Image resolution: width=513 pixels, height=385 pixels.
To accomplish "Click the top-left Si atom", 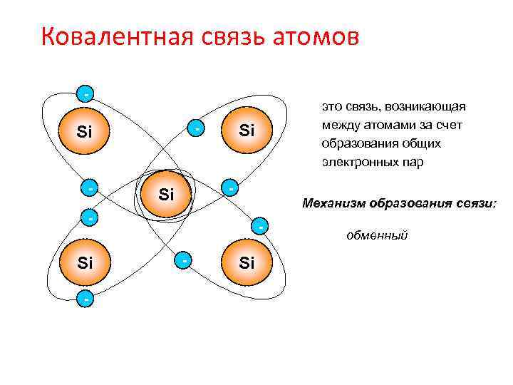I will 85,131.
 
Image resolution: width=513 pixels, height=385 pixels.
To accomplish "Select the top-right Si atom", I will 247,131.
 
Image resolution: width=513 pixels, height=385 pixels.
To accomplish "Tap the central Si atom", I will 166,193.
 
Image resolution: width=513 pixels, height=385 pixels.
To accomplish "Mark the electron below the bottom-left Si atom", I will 85,299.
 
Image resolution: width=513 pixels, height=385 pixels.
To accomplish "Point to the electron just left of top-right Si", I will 197,128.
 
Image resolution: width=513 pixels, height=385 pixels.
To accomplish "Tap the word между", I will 339,125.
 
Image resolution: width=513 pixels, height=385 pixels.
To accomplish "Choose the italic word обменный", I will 377,235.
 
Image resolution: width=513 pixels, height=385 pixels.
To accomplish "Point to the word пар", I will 414,162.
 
